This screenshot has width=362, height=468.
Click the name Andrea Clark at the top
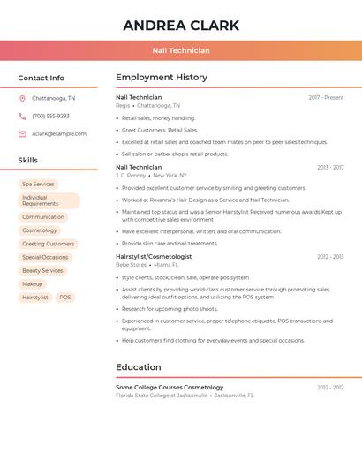[x=181, y=26]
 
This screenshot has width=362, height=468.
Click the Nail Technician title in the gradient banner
[x=181, y=50]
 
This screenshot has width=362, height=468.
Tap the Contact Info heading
[x=41, y=78]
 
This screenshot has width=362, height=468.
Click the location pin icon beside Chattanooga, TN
[x=22, y=99]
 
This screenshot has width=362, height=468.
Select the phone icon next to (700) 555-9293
[x=22, y=117]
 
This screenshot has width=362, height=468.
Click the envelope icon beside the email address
[x=22, y=134]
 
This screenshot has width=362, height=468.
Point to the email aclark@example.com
[x=59, y=134]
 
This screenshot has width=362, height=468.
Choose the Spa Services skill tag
[x=38, y=185]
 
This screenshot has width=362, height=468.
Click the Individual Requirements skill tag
[x=49, y=200]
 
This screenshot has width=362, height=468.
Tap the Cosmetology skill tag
[x=40, y=230]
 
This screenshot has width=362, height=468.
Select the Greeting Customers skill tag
[x=48, y=244]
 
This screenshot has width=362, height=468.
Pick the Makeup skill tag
[x=33, y=284]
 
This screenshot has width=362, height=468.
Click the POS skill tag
[x=65, y=298]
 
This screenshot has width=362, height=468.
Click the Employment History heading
[x=161, y=78]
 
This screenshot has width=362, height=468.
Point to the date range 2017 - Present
[x=326, y=97]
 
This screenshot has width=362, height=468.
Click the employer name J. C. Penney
[x=131, y=175]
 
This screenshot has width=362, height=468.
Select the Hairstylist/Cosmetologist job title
[x=154, y=256]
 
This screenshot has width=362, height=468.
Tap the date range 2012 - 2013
[x=330, y=256]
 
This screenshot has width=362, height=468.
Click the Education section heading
[x=138, y=367]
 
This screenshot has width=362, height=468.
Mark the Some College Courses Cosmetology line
[x=170, y=387]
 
